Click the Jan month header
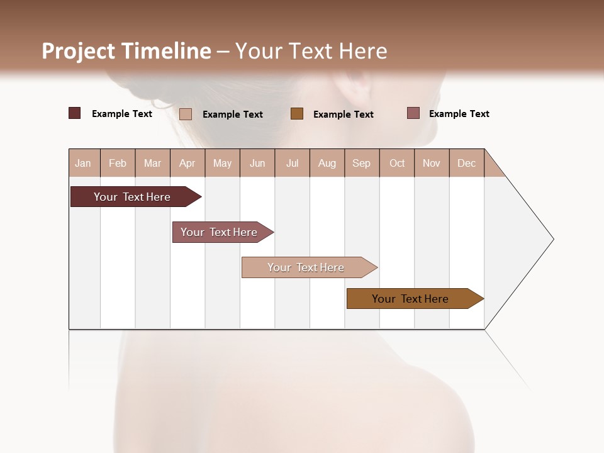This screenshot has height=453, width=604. click(x=84, y=163)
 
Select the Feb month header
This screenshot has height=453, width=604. click(x=118, y=163)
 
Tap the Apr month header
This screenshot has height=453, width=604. click(x=187, y=163)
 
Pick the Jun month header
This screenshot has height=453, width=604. click(x=257, y=163)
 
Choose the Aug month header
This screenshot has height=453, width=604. click(x=327, y=163)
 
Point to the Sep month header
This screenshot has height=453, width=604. click(x=362, y=163)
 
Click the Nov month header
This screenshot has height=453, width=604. click(x=432, y=163)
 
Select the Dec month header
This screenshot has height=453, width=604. click(x=467, y=163)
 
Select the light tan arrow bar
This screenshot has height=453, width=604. click(x=306, y=267)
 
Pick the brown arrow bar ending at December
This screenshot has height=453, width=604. click(x=411, y=299)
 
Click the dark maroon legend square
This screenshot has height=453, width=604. click(x=75, y=113)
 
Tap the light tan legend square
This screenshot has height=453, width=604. click(x=186, y=114)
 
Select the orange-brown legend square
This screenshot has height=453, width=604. click(x=297, y=113)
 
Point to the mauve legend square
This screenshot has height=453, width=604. click(x=413, y=113)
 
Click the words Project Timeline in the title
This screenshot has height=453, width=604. click(x=126, y=51)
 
